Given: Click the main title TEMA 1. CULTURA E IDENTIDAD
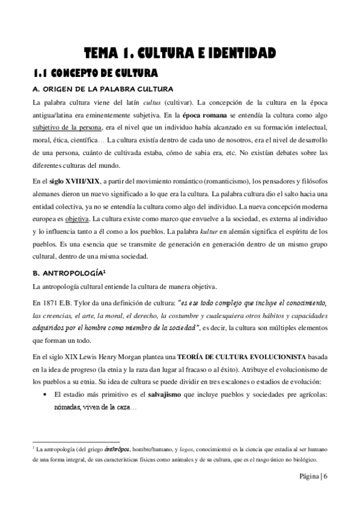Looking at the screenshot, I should [x=180, y=54].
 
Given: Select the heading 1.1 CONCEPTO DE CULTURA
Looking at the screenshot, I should [x=94, y=73].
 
